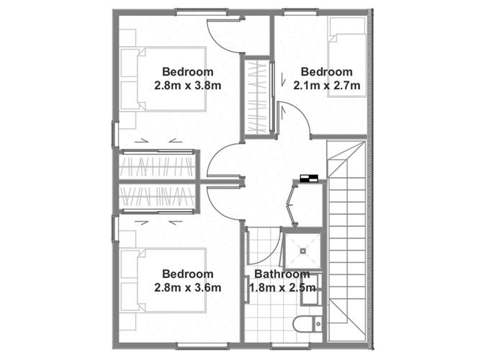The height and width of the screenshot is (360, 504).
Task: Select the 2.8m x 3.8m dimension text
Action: click(187, 85)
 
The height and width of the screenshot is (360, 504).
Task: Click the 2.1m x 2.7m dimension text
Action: click(326, 85)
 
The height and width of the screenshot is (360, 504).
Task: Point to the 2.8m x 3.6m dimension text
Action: click(187, 287)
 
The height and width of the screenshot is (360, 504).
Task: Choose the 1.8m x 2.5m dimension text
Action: click(282, 287)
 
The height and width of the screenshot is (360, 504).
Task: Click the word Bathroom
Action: click(282, 274)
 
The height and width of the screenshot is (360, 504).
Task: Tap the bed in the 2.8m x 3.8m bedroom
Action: click(164, 78)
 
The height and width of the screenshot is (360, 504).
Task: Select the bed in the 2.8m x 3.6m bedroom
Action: click(164, 280)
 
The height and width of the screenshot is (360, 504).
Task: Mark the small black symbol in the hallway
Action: click(309, 179)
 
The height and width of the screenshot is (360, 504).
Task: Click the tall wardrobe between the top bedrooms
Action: click(256, 96)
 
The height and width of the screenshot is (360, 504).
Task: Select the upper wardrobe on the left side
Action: click(156, 167)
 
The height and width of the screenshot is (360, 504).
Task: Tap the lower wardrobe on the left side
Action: click(156, 196)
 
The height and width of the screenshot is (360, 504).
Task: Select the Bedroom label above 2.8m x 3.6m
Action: click(187, 274)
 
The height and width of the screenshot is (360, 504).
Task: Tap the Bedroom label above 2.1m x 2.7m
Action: click(326, 72)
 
